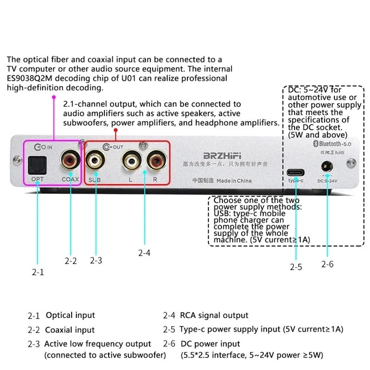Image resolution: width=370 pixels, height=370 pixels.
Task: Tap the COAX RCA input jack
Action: [70, 161]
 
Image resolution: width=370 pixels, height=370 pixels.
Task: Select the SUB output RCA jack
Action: [97, 161]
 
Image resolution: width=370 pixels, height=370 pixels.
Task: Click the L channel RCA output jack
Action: [130, 161]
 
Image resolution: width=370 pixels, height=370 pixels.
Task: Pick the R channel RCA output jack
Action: [155, 161]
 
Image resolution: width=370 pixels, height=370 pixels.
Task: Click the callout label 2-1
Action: [37, 272]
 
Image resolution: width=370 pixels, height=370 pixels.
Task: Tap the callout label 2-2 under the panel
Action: [70, 261]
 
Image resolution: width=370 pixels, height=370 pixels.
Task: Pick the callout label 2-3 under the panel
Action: [96, 260]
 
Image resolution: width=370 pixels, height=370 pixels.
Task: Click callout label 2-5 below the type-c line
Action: [296, 267]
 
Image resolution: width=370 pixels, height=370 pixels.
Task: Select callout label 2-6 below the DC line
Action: [327, 264]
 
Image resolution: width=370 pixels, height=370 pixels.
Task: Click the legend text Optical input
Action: [70, 315]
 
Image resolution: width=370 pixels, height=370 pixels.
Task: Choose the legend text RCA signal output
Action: [214, 315]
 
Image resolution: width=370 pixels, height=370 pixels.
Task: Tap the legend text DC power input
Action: [210, 344]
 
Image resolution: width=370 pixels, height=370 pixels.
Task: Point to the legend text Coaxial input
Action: [70, 330]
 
